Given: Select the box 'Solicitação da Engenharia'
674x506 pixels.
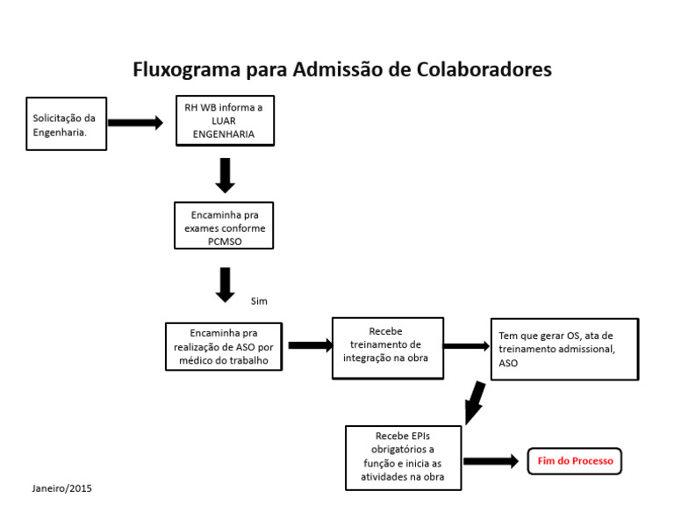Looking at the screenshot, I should click(x=67, y=124).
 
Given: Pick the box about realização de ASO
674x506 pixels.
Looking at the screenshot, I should click(x=224, y=346).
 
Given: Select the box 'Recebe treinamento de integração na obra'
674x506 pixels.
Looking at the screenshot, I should click(x=385, y=346).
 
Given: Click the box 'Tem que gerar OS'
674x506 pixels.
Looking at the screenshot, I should click(x=563, y=349).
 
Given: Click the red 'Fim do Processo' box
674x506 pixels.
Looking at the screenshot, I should click(x=575, y=460).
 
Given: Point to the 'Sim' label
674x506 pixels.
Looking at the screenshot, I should click(x=259, y=301).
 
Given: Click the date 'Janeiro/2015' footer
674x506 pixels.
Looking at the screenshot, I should click(x=61, y=487).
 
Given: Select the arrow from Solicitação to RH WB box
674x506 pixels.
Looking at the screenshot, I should click(x=136, y=123).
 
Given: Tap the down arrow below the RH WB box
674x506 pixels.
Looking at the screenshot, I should click(x=226, y=175).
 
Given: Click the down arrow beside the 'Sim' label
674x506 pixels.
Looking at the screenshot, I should click(x=226, y=285).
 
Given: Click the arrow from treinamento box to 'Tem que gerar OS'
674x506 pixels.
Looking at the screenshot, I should click(x=465, y=346).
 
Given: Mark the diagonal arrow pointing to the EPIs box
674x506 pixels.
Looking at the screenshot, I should click(x=474, y=400).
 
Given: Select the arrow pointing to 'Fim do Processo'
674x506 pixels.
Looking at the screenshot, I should click(x=491, y=461).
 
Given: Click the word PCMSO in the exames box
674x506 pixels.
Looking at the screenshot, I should click(x=225, y=241).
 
